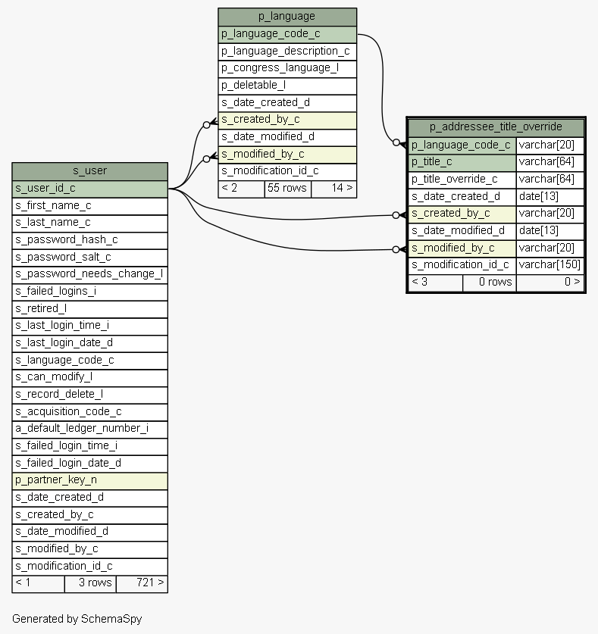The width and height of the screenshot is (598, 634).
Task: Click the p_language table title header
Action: [x=287, y=17]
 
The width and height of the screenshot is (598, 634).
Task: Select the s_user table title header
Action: [x=90, y=171]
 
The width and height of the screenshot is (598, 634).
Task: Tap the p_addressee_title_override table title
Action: [x=496, y=127]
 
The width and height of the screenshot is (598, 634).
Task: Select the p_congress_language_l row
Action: [x=287, y=69]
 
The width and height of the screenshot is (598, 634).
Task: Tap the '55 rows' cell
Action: [x=288, y=189]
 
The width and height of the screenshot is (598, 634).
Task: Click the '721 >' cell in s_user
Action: [x=142, y=584]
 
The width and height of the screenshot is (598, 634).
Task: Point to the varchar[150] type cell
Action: [x=549, y=265]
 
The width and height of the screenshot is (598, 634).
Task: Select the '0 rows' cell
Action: [x=490, y=283]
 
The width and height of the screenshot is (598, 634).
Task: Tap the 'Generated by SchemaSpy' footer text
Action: [x=77, y=619]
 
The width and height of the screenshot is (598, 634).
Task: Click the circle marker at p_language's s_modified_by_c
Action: [x=206, y=159]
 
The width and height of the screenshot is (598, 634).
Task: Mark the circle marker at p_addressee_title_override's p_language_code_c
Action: [x=396, y=142]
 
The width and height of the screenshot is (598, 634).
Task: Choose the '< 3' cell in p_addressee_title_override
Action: [x=435, y=283]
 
